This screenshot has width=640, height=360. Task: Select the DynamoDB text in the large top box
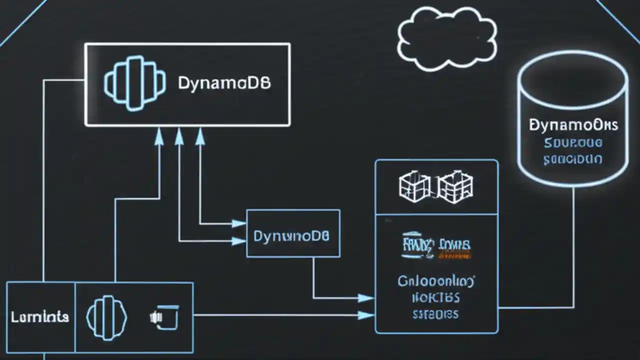(x=224, y=83)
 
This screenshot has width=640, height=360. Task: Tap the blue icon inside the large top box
(x=134, y=83)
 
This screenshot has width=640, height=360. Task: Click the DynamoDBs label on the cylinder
(x=573, y=125)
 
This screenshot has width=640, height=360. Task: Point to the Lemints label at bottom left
(x=40, y=317)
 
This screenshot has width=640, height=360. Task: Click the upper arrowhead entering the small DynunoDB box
(x=239, y=223)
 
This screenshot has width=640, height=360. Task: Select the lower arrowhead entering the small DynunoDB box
(x=239, y=241)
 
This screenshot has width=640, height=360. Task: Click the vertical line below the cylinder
(x=573, y=240)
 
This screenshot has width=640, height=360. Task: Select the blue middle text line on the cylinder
(x=573, y=143)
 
